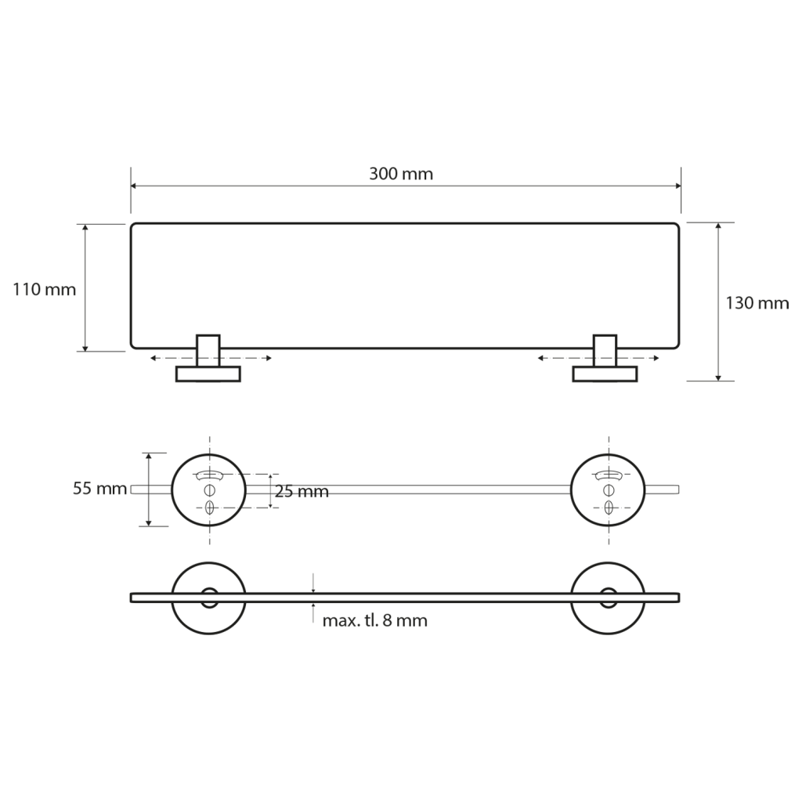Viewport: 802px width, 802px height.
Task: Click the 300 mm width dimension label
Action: pyautogui.click(x=401, y=174)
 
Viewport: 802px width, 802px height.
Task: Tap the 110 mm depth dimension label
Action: pyautogui.click(x=45, y=290)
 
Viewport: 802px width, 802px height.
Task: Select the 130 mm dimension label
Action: pyautogui.click(x=757, y=303)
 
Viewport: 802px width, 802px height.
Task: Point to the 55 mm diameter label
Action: pyautogui.click(x=99, y=489)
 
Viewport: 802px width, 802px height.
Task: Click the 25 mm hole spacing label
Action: pyautogui.click(x=302, y=492)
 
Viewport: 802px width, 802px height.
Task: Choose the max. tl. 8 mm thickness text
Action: pyautogui.click(x=375, y=621)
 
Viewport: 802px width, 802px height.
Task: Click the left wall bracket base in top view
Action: pyautogui.click(x=208, y=374)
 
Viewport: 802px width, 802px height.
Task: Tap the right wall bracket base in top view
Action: pyautogui.click(x=605, y=374)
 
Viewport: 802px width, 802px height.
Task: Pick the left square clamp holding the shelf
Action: pyautogui.click(x=208, y=350)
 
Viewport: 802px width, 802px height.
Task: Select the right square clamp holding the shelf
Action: pyautogui.click(x=605, y=350)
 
